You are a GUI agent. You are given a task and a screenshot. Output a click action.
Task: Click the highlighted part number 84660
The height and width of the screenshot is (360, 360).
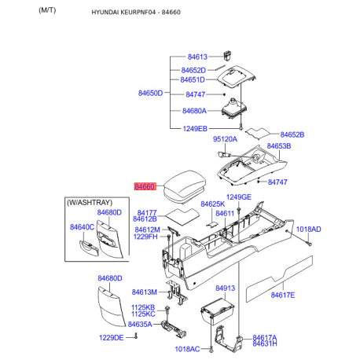pos(145,187)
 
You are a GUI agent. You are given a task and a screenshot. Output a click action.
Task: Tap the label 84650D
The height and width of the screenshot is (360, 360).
pos(150,94)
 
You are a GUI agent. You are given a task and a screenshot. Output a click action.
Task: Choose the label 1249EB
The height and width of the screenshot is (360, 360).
pos(195,128)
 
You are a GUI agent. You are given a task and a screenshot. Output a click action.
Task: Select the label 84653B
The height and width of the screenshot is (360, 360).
pos(278,146)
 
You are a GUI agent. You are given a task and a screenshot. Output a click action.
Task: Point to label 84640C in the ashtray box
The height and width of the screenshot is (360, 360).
pos(82,227)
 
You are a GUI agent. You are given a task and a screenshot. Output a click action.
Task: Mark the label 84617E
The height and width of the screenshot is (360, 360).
pos(282,295)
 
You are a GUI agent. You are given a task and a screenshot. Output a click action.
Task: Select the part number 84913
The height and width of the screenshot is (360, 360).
pos(226,288)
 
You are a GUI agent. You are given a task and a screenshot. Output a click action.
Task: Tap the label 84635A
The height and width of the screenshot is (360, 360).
pos(140,324)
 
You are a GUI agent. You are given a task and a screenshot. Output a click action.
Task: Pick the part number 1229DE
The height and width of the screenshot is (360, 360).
pos(112,337)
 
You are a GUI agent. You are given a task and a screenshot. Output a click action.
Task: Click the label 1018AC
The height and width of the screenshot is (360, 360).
pos(187,349)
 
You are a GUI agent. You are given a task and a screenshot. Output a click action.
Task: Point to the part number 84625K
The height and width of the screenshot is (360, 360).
pos(212,204)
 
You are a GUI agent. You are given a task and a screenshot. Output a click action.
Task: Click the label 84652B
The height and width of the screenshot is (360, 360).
pos(292,134)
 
